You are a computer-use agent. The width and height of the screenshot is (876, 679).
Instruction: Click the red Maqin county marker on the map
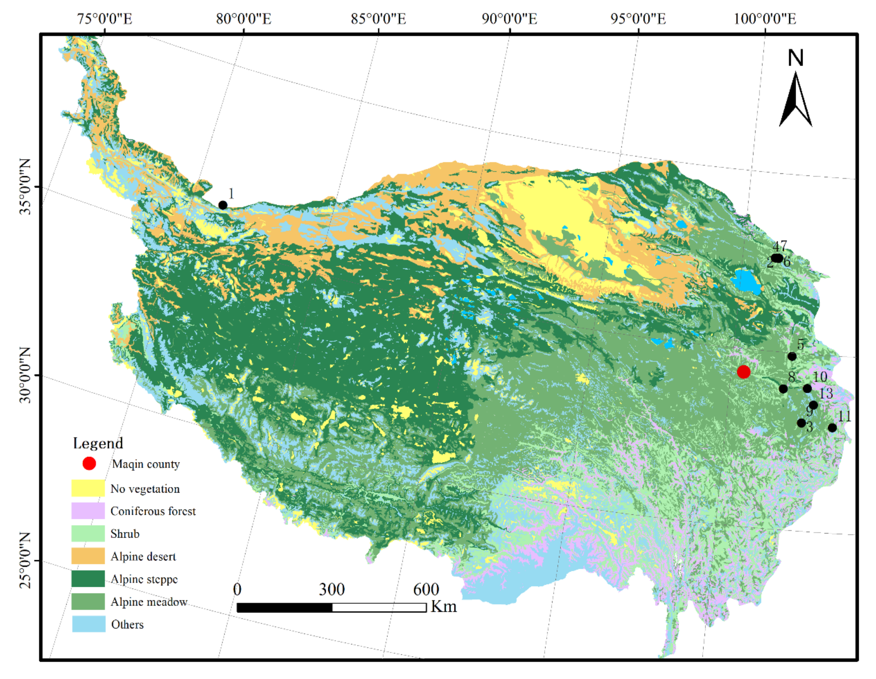(x=743, y=372)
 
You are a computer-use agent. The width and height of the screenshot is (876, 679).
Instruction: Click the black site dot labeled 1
(x=223, y=205)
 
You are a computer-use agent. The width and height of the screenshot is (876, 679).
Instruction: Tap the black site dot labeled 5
(x=792, y=356)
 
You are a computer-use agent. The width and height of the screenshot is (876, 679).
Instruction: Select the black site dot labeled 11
(x=832, y=428)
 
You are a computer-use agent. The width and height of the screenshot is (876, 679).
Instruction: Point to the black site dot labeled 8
(x=783, y=389)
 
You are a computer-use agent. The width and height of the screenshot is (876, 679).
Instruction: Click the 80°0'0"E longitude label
(x=243, y=19)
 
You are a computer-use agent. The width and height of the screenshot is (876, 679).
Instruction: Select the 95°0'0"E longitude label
(x=638, y=19)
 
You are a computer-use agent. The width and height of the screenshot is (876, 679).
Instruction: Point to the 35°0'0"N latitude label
(x=25, y=187)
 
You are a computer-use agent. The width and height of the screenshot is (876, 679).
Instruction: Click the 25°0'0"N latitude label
(x=25, y=560)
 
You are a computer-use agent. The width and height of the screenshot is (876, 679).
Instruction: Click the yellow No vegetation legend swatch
(x=88, y=488)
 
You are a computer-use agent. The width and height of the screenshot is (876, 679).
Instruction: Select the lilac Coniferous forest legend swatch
(x=88, y=511)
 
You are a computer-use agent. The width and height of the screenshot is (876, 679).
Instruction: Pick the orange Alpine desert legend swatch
(x=88, y=556)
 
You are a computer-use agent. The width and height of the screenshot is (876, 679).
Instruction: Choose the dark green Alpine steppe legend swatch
(x=88, y=579)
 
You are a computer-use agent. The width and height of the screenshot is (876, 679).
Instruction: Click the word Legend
(x=98, y=443)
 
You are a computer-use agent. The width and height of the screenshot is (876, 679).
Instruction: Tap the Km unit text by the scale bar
(x=444, y=606)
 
